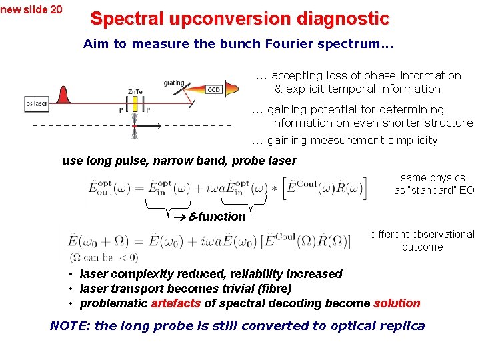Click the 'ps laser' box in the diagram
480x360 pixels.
point(37,104)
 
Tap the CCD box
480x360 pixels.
point(213,90)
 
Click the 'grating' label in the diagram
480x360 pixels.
point(174,83)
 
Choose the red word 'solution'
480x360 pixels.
point(397,303)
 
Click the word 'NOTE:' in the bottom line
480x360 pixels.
point(70,326)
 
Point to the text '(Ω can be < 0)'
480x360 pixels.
point(103,257)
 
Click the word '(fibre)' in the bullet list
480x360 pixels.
point(271,289)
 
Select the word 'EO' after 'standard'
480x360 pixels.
point(466,190)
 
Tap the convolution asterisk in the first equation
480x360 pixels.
point(273,188)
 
